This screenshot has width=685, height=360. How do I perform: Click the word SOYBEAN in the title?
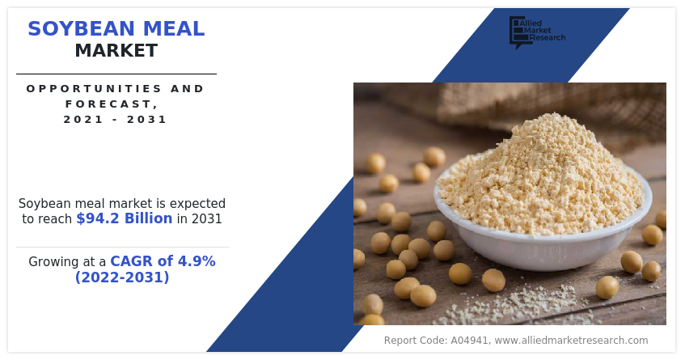click(82, 29)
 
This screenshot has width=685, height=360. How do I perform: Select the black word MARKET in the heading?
click(116, 51)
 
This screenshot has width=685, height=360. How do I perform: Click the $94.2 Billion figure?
click(125, 218)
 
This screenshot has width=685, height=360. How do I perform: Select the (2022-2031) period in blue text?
click(122, 277)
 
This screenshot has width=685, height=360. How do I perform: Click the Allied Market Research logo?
click(537, 32)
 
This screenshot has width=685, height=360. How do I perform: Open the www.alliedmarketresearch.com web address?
click(572, 341)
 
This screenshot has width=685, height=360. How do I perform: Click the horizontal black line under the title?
click(116, 74)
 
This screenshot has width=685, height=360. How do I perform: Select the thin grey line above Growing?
click(122, 248)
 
